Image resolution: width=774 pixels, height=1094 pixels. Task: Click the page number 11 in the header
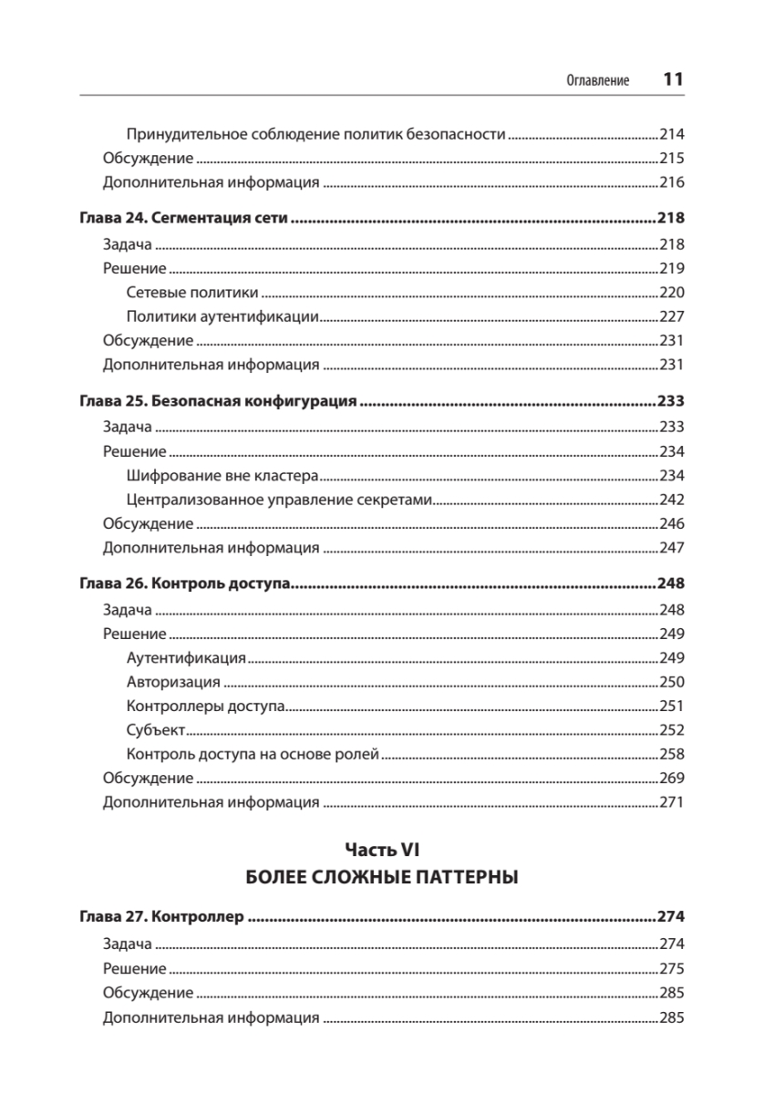tap(673, 79)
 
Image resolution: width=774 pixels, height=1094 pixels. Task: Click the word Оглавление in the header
tap(599, 80)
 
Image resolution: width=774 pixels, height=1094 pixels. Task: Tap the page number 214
tap(671, 134)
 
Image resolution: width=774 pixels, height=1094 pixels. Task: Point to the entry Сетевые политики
tap(192, 293)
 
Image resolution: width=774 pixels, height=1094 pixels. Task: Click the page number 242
tap(671, 500)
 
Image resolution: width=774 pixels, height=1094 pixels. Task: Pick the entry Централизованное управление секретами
tap(278, 500)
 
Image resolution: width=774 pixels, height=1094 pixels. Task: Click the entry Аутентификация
tap(186, 657)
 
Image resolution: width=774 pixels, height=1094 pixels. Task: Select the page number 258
tap(671, 755)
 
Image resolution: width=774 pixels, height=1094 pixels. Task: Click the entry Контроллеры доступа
tap(206, 706)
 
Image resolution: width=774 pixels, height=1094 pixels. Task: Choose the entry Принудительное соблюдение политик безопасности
tap(315, 134)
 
